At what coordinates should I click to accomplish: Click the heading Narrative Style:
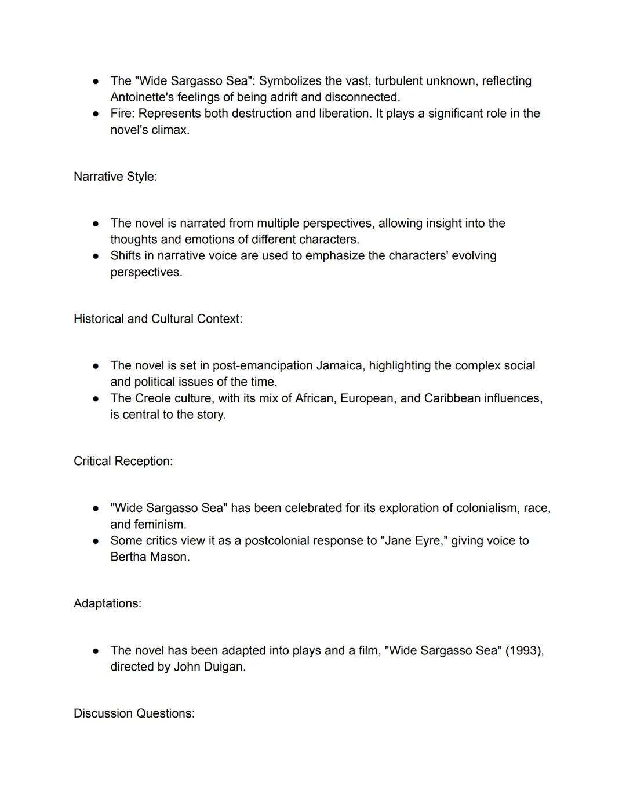coord(115,177)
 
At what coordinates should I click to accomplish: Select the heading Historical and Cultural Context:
coord(158,319)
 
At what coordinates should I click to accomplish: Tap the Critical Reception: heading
coord(123,462)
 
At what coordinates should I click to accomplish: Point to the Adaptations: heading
coord(107,603)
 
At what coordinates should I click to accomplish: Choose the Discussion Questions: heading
coord(134,713)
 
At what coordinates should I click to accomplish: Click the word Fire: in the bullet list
coord(122,114)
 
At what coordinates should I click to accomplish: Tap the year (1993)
coord(524,651)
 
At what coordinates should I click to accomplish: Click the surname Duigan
coord(224,667)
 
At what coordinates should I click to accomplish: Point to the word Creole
coord(154,398)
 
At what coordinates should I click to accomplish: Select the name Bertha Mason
coord(150,557)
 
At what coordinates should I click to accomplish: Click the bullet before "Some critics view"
coord(96,541)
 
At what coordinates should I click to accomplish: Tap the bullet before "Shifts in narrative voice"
coord(96,256)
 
